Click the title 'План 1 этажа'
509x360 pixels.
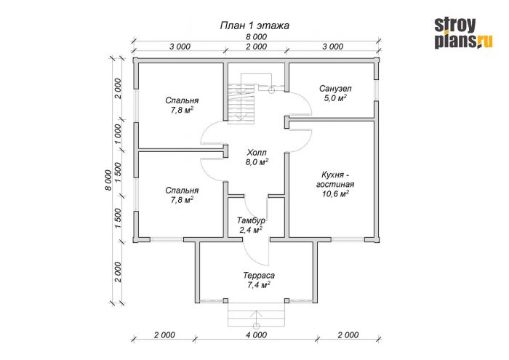click(254, 25)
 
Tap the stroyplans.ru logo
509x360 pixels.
click(464, 33)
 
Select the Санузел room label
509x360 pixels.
click(335, 88)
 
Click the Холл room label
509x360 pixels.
click(257, 152)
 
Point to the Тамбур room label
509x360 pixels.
click(251, 221)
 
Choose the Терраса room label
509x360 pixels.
click(259, 276)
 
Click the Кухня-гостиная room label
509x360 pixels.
click(335, 180)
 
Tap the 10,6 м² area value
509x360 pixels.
click(335, 193)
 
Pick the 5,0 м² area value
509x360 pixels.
click(335, 97)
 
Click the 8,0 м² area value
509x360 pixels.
click(257, 161)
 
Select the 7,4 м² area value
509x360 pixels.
click(259, 285)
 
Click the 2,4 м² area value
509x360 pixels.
click(251, 230)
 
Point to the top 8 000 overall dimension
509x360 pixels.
click(256, 36)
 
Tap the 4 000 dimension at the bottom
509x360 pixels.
click(256, 335)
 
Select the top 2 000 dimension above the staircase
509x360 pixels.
click(256, 47)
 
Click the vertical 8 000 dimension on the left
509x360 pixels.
click(108, 180)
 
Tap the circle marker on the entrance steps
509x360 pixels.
click(257, 326)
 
